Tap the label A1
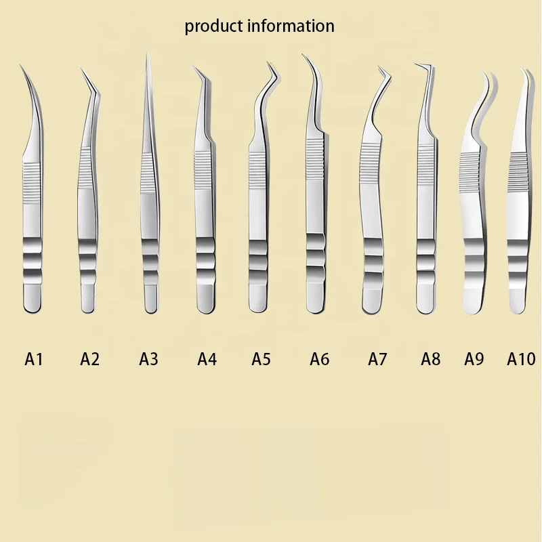point(34,358)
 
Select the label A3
point(148,358)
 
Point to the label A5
point(261,358)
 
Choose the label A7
point(377,358)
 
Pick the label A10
point(521,358)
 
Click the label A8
point(430,358)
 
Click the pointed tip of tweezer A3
point(146,56)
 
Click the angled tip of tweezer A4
point(194,67)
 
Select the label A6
point(320,358)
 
